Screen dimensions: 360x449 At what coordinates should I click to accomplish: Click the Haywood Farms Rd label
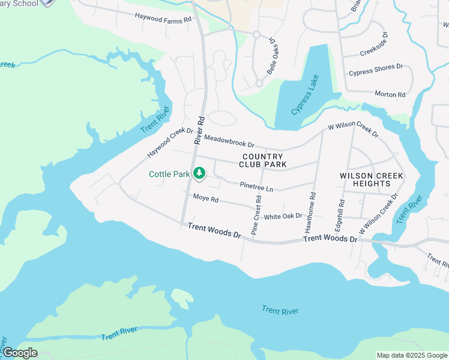163,18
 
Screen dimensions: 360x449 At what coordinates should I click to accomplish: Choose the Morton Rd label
390,94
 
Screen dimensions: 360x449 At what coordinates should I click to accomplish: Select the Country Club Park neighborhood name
262,160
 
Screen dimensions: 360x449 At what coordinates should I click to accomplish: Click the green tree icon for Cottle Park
199,174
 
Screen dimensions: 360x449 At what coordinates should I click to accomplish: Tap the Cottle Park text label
169,175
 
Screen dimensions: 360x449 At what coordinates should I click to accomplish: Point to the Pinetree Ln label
256,187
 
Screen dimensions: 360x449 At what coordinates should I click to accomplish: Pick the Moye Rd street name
205,199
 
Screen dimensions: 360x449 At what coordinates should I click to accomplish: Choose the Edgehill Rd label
339,216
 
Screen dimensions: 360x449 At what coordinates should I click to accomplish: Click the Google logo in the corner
20,352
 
